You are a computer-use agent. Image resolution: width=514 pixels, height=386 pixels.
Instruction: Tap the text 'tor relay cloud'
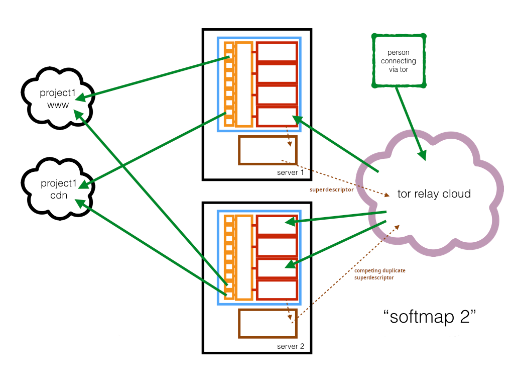434,194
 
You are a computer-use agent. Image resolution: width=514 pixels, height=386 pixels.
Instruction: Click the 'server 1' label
290,173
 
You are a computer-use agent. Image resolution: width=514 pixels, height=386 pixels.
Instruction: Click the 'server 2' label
290,347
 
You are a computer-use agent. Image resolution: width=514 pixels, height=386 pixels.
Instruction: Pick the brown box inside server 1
268,150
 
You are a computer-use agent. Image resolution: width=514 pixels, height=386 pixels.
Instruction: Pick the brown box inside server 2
268,323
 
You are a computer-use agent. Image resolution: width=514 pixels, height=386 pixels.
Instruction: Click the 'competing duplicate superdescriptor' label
380,274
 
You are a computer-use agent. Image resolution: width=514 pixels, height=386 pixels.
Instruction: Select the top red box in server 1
277,52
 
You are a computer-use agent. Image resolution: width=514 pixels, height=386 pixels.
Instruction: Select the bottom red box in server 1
277,117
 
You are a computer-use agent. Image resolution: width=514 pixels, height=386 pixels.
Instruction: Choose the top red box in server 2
277,225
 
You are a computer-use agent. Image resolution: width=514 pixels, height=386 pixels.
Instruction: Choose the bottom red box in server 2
277,290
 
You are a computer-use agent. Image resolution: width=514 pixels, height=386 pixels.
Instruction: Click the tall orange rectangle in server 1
243,84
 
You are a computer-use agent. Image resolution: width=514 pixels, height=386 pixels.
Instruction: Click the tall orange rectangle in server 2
243,257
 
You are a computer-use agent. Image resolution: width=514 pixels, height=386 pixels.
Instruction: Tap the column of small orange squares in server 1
229,84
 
